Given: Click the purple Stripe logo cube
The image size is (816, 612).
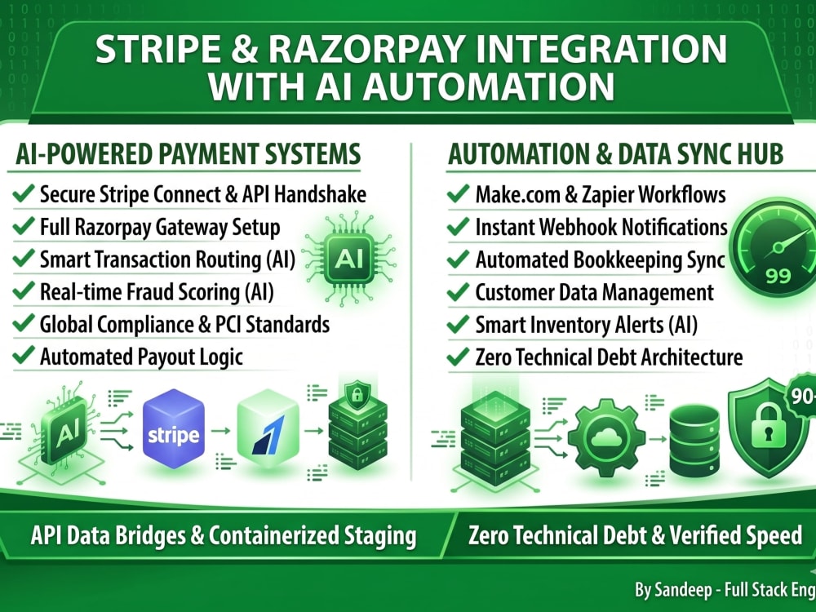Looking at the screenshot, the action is pos(173,429).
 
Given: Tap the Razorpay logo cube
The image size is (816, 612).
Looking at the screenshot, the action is pos(268,428).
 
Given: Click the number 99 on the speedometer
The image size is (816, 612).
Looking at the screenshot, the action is pos(778,276).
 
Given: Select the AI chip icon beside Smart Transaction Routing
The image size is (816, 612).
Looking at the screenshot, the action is pos(348,258).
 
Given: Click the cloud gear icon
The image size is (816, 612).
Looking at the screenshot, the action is pos(606,438).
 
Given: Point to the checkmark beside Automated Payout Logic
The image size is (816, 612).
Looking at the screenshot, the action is pos(24,355).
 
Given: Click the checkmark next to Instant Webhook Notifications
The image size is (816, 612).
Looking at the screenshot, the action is pos(458,226).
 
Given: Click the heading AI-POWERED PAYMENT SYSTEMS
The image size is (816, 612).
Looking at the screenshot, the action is pos(188,154).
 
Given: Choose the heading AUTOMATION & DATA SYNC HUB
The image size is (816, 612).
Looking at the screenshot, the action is pos(615,154).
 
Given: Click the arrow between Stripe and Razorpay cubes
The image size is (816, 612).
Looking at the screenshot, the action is pos(220,430).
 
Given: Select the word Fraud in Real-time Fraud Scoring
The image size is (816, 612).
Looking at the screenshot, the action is pos(168,292).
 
